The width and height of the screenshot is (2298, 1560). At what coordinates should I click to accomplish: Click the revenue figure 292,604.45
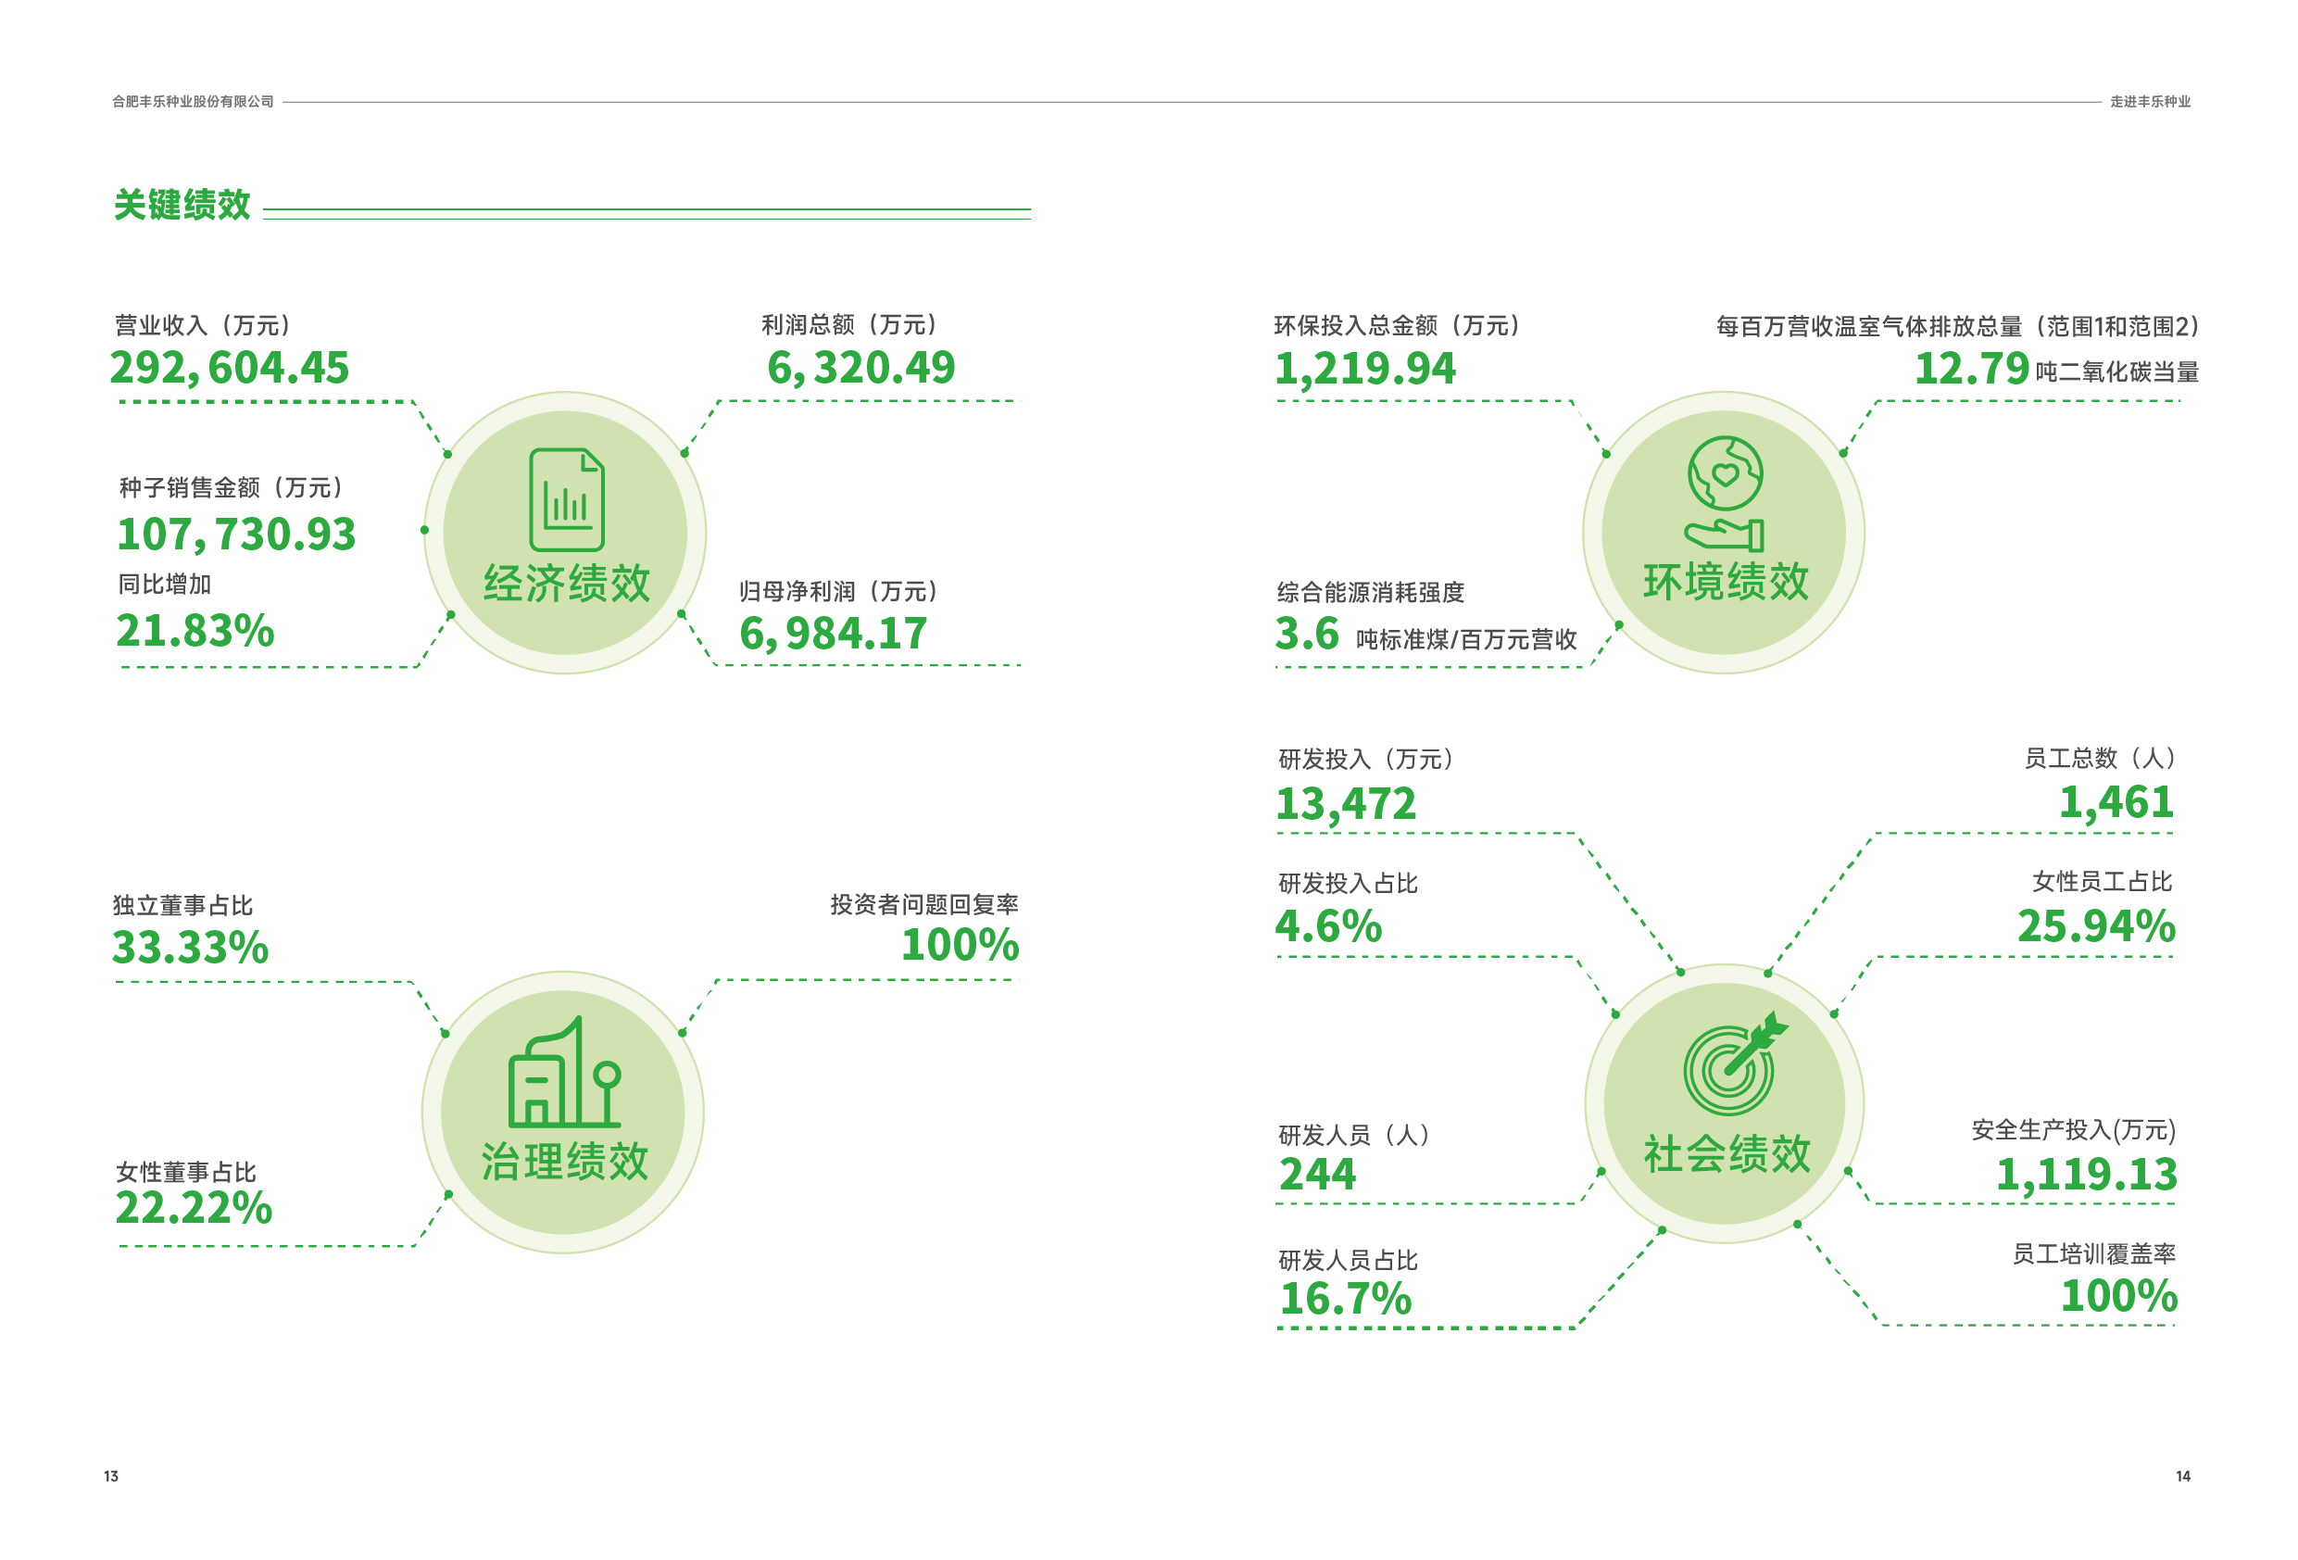229,368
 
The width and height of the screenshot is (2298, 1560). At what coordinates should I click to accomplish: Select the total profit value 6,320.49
860,368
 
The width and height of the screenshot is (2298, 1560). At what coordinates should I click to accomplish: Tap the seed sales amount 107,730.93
235,535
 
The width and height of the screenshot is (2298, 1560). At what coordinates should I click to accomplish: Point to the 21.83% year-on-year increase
195,631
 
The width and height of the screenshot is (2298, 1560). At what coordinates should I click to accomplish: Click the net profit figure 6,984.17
833,634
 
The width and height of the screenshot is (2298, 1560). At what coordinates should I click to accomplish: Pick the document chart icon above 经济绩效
566,499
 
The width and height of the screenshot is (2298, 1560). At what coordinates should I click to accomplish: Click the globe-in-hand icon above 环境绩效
1725,493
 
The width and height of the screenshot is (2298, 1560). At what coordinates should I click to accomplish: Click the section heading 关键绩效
182,205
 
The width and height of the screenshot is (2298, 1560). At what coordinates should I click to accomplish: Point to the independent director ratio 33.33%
190,948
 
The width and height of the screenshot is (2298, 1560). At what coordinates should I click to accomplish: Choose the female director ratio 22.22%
194,1208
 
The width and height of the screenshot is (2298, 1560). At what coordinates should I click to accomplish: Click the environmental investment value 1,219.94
1364,369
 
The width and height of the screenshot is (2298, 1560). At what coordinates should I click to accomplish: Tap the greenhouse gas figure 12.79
1971,369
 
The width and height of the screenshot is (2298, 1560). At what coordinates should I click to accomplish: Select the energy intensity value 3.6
1306,634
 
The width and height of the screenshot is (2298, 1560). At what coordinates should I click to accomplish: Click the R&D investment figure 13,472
1346,803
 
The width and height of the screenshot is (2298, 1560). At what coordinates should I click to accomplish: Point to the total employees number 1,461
2116,802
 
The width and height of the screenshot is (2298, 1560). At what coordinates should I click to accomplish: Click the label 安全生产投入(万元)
2073,1129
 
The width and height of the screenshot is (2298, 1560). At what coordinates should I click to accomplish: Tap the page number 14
2182,1476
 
